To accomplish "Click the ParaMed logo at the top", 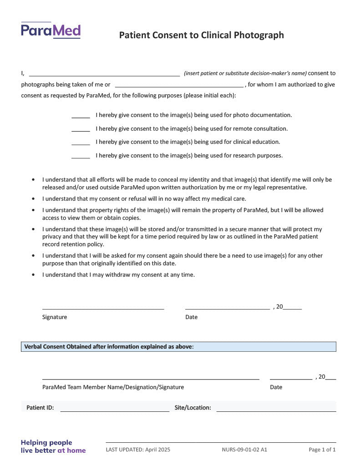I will (x=51, y=30).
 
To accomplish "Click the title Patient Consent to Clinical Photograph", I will (x=201, y=35).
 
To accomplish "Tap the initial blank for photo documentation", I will (x=81, y=117).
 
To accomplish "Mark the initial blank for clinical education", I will (x=81, y=144).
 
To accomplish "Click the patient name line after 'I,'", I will (x=104, y=75).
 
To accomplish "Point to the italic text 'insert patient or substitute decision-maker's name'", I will (x=245, y=73).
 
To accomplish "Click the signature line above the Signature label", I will (x=103, y=308).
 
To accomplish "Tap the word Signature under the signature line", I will (x=55, y=317).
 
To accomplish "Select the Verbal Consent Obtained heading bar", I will (x=178, y=347).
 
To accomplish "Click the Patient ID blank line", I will (x=115, y=410).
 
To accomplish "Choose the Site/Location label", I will (x=193, y=408).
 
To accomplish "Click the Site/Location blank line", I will (x=276, y=410).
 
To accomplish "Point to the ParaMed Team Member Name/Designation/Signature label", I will (x=113, y=387).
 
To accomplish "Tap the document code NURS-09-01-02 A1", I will (x=244, y=450).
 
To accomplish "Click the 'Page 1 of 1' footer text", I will (x=322, y=450).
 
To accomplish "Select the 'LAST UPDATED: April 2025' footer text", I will (x=138, y=450).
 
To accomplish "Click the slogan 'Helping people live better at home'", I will (x=53, y=446).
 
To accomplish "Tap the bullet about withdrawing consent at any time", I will (x=118, y=275).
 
